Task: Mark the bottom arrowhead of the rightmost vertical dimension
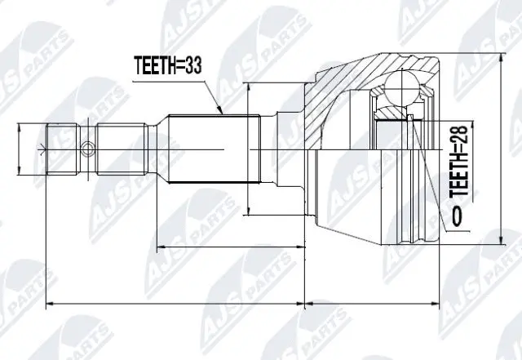tap(499, 242)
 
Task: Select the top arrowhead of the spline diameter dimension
tap(247, 88)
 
